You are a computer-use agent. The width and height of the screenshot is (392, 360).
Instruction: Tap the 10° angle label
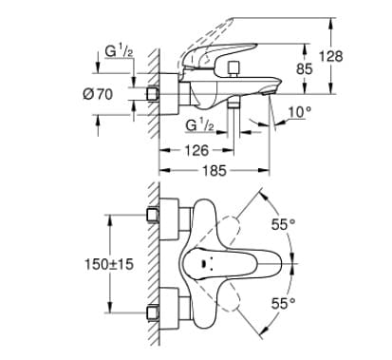300,113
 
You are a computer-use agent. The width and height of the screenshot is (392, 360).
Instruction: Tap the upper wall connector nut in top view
153,217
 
